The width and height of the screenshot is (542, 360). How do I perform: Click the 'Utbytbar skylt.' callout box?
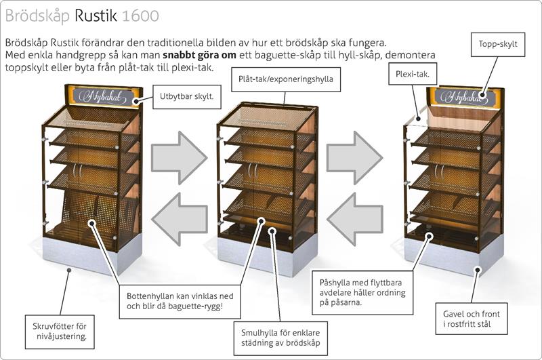(x=187, y=97)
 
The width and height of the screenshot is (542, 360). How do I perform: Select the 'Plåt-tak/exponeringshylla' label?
(x=285, y=79)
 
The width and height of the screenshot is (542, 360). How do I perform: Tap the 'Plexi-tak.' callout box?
(x=413, y=74)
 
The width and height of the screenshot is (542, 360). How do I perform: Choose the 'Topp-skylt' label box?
(x=498, y=44)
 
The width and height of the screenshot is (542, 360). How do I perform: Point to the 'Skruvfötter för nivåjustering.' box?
(x=60, y=332)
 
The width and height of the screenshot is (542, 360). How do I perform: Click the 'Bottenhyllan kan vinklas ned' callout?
(x=180, y=302)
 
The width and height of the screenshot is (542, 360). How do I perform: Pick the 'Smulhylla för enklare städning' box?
(x=280, y=338)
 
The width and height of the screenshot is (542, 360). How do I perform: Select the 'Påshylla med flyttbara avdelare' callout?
(x=362, y=293)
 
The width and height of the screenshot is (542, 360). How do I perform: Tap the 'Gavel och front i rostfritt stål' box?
(x=472, y=319)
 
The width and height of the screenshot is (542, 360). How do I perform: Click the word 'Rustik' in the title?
(x=96, y=16)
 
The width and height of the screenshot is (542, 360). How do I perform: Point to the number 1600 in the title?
(x=140, y=16)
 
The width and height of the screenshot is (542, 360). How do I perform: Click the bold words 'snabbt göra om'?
(x=199, y=55)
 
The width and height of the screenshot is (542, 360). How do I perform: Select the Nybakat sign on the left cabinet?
(x=104, y=96)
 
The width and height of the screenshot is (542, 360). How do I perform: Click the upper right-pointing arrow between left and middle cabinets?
(x=180, y=158)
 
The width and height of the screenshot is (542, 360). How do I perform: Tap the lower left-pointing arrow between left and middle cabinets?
(x=180, y=219)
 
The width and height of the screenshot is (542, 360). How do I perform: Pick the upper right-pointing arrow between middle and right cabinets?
(x=354, y=158)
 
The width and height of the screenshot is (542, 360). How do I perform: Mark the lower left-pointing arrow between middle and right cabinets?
(x=354, y=219)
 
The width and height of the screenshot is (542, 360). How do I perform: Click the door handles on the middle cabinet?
(x=253, y=170)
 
